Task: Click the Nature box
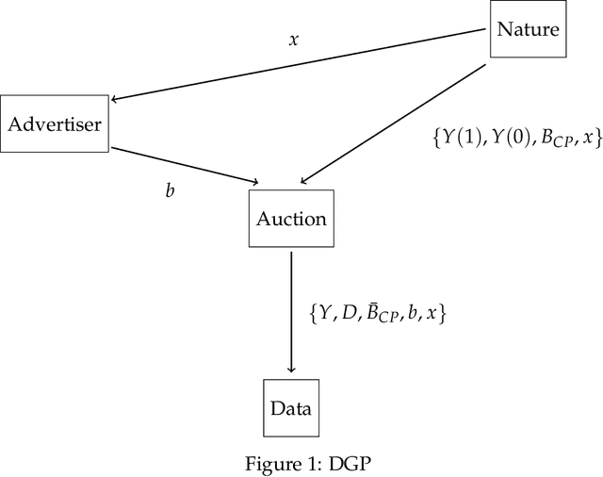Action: (x=528, y=29)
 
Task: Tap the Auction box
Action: (x=291, y=220)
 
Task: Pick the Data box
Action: (x=290, y=408)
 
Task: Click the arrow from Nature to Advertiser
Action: (x=301, y=64)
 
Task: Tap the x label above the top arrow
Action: (x=293, y=41)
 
